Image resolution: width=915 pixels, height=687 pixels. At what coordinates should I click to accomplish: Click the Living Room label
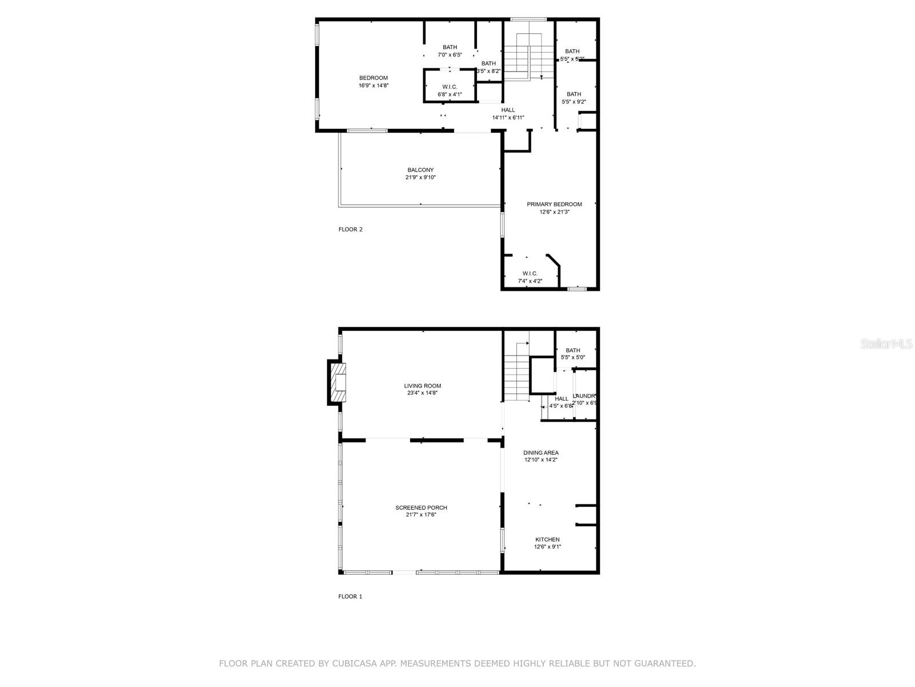tap(423, 386)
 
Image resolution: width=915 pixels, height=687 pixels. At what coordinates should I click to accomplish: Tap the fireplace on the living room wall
tap(338, 382)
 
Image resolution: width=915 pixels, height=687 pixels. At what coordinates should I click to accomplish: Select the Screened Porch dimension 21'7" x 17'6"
tap(421, 515)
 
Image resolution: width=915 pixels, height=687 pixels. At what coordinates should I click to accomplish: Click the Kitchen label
tap(547, 539)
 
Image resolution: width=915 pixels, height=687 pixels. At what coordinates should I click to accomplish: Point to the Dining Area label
tap(541, 453)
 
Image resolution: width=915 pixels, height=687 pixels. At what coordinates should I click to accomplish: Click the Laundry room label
tap(585, 396)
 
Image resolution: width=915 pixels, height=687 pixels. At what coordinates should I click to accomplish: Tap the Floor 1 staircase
tap(516, 378)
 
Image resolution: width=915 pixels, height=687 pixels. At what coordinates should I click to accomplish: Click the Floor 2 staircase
tap(529, 57)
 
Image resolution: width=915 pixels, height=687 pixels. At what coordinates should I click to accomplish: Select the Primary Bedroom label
tap(554, 204)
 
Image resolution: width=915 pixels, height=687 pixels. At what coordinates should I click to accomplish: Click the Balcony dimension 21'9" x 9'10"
tap(421, 177)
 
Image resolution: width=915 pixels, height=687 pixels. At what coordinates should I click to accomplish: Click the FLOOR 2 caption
tap(351, 230)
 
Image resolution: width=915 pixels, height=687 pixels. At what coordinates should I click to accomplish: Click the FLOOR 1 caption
tap(351, 597)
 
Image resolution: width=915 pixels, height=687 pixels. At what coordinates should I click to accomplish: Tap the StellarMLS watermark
tap(887, 344)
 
